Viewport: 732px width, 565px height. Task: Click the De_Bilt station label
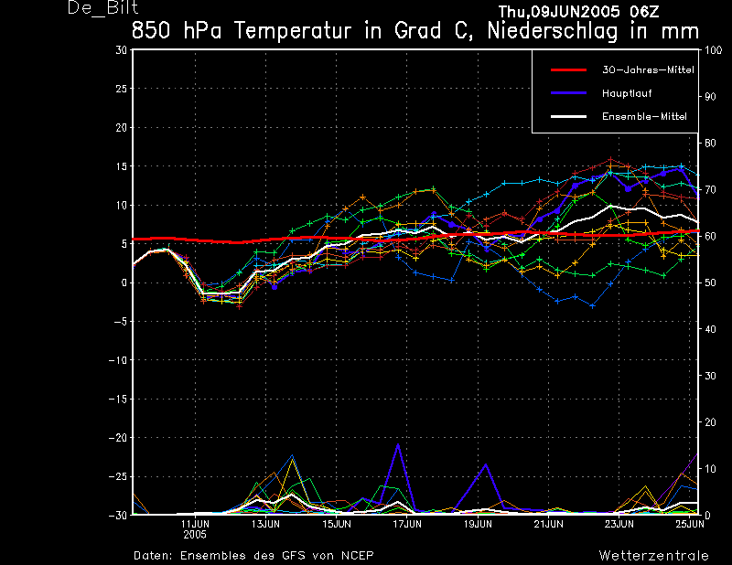(x=102, y=7)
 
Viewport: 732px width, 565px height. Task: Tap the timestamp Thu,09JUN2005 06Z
(x=579, y=11)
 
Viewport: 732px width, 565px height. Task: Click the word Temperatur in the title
(x=292, y=31)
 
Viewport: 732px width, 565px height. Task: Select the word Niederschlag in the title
(x=553, y=32)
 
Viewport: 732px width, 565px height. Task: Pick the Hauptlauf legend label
(x=627, y=93)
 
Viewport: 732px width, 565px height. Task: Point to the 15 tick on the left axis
(x=121, y=166)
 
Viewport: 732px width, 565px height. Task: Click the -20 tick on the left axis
(x=118, y=438)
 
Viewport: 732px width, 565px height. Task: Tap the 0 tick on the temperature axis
(x=124, y=282)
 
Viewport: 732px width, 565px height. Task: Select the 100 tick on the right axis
(x=713, y=50)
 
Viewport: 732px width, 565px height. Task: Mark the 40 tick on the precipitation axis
(x=710, y=329)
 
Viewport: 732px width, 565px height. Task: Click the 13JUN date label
(x=265, y=524)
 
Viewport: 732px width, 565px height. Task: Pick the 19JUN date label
(x=478, y=524)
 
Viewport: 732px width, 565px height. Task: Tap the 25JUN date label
(x=690, y=524)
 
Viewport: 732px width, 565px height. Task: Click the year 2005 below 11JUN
(x=195, y=535)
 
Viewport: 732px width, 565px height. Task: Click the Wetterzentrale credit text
(x=653, y=555)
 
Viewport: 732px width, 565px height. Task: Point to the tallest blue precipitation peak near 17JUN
(x=398, y=444)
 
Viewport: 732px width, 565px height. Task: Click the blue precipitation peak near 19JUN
(x=486, y=464)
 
